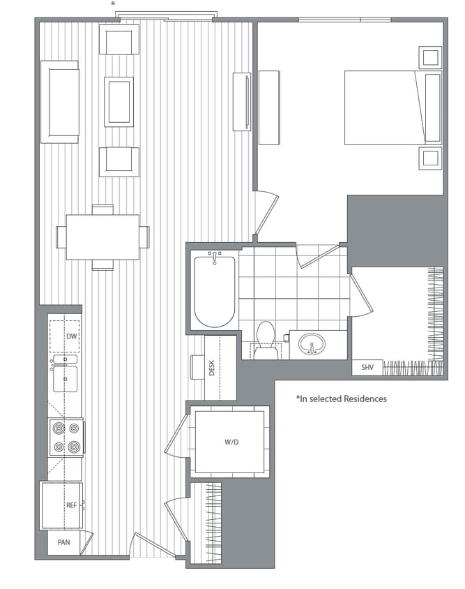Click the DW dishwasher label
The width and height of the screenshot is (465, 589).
coord(70,336)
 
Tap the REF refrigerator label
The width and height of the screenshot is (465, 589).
coord(70,505)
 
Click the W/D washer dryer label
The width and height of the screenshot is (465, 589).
coord(231,442)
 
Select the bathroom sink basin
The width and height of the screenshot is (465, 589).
coord(312,343)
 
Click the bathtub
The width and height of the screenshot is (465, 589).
coord(215,291)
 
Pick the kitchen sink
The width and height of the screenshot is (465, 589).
coord(65,378)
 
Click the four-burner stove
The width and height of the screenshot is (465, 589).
coord(66,438)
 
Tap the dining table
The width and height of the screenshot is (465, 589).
coord(102,237)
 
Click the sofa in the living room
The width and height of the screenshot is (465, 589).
coord(59,102)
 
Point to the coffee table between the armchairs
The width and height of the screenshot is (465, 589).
coord(119,102)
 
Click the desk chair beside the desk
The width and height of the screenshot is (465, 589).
coord(197,367)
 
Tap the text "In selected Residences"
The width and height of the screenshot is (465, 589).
coord(342,399)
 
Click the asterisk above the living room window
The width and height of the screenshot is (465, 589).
coord(113,4)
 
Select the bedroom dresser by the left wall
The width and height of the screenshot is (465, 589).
coord(269,107)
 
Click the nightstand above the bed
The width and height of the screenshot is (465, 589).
coord(429,57)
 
